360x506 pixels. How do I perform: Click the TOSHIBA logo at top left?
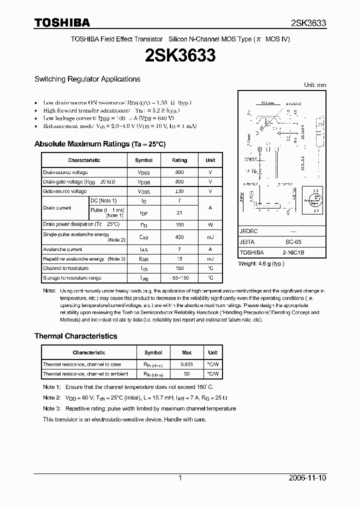pos(62,22)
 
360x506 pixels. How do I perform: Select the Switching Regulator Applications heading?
pos(87,79)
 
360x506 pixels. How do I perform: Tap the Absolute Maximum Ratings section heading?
pos(99,144)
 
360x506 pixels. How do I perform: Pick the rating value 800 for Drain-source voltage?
pos(179,172)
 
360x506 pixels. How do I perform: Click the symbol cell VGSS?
pos(143,191)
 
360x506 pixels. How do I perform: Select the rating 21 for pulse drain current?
pos(179,213)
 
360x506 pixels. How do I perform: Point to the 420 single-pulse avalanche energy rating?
pos(179,237)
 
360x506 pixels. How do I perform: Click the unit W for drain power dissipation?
pos(210,225)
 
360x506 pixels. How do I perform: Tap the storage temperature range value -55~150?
pos(179,277)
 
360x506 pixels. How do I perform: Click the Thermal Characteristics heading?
pos(75,336)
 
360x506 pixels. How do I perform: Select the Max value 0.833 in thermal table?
pos(186,364)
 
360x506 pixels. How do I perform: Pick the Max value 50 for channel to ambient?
pos(186,374)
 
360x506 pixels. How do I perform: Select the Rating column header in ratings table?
pos(179,160)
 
